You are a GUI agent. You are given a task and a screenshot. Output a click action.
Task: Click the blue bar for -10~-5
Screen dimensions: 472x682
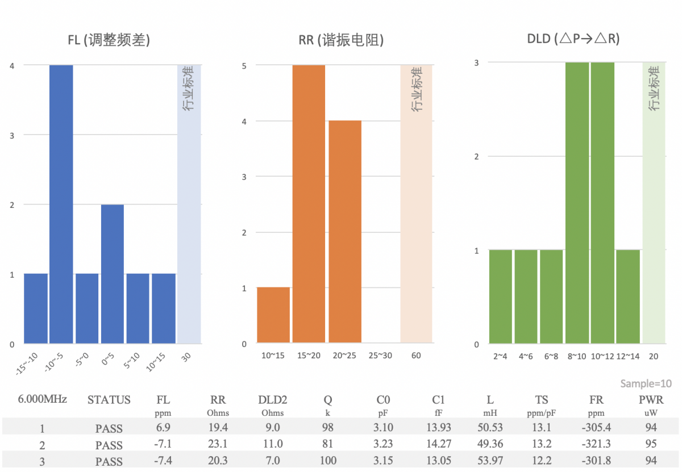pyautogui.click(x=61, y=204)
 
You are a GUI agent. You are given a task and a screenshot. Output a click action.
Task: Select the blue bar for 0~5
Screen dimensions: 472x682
pyautogui.click(x=112, y=274)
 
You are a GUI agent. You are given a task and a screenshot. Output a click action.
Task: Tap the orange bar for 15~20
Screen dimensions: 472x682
pyautogui.click(x=309, y=204)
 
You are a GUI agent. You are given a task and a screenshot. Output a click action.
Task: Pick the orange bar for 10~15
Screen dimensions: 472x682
pyautogui.click(x=273, y=315)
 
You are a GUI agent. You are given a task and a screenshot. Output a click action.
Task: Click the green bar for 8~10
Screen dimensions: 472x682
pyautogui.click(x=576, y=203)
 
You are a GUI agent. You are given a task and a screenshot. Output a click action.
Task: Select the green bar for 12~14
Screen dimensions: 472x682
pyautogui.click(x=627, y=296)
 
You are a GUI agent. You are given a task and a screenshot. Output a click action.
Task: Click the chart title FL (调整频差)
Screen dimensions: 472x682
pyautogui.click(x=109, y=40)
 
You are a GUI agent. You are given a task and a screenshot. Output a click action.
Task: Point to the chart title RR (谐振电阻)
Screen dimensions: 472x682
pyautogui.click(x=341, y=40)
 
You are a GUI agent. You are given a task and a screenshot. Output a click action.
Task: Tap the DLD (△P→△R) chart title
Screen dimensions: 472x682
pyautogui.click(x=573, y=39)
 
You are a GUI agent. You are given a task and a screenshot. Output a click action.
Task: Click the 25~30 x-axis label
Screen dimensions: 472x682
pyautogui.click(x=380, y=356)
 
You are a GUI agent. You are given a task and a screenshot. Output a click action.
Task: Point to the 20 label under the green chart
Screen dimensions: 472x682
pyautogui.click(x=654, y=356)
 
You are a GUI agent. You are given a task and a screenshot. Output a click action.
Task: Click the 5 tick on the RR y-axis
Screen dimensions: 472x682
pyautogui.click(x=244, y=65)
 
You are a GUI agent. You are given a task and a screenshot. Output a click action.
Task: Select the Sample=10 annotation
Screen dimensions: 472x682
pyautogui.click(x=645, y=383)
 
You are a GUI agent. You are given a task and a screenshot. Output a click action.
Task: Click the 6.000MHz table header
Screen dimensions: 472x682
pyautogui.click(x=43, y=399)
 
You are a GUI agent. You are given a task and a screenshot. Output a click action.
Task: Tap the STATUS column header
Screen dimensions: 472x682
pyautogui.click(x=109, y=400)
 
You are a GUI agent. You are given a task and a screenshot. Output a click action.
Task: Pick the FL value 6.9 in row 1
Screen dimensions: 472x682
pyautogui.click(x=163, y=428)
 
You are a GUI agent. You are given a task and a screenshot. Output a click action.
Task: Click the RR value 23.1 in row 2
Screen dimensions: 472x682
pyautogui.click(x=218, y=444)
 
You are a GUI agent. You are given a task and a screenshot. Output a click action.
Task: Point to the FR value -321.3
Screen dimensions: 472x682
pyautogui.click(x=596, y=444)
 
